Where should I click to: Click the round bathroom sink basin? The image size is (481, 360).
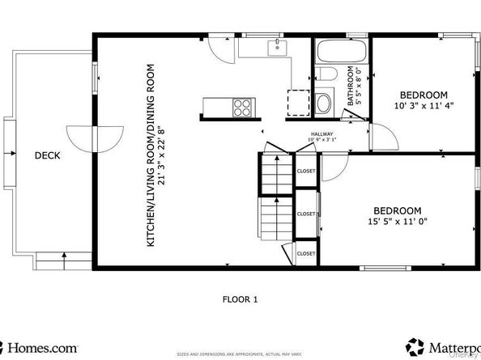point(324,104)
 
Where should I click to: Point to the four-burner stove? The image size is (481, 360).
point(241,105)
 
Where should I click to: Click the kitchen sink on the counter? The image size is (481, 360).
point(277,46)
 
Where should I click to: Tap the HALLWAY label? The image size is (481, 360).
point(322,135)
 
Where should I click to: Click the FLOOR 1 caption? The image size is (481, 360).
point(240,299)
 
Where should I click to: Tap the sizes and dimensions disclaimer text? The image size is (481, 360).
point(240,354)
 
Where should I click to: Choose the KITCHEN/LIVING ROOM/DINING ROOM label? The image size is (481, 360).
point(150,155)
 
